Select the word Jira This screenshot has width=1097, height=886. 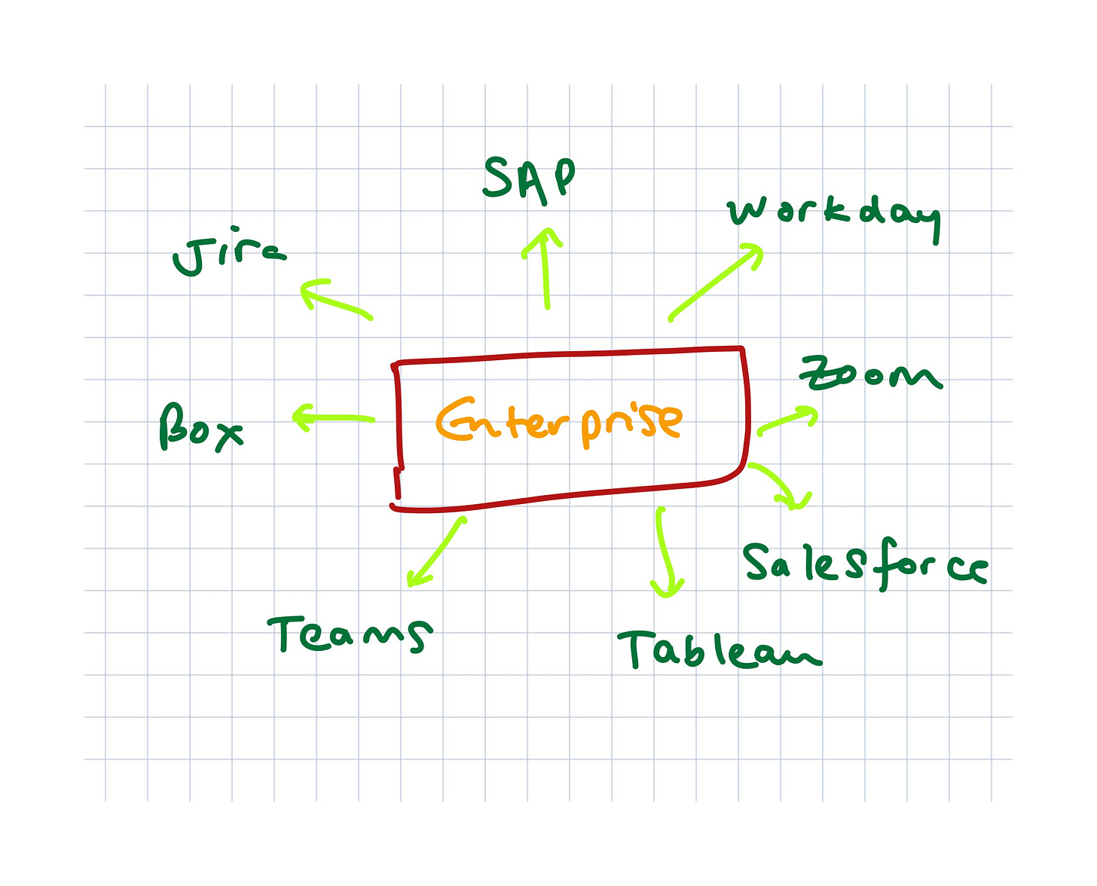click(228, 256)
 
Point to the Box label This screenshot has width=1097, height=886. click(200, 428)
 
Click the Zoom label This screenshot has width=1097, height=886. click(870, 374)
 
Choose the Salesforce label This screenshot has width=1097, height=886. click(864, 565)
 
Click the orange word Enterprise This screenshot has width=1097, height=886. click(559, 420)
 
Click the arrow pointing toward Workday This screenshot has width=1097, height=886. click(715, 282)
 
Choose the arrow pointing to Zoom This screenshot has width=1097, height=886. click(787, 420)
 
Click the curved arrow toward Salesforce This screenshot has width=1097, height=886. click(781, 484)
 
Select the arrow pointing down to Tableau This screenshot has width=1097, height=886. click(664, 552)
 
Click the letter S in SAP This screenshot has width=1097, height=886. click(498, 178)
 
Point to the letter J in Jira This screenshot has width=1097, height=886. click(188, 258)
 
